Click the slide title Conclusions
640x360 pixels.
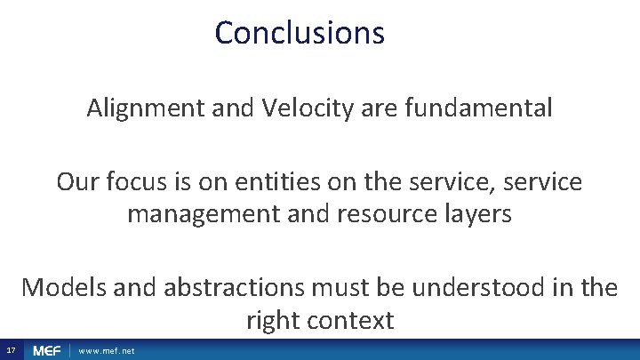(x=300, y=33)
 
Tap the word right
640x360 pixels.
(x=274, y=320)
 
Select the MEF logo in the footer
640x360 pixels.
(x=46, y=351)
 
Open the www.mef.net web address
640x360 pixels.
(x=107, y=351)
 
